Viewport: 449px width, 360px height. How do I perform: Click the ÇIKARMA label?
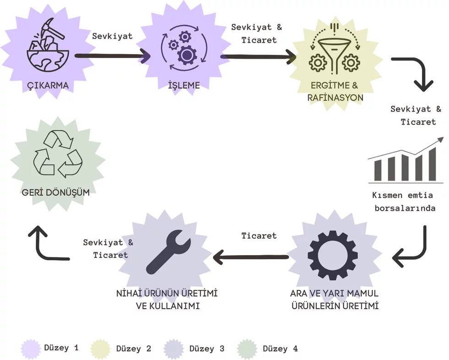[48, 85]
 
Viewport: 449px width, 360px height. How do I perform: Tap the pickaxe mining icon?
[48, 46]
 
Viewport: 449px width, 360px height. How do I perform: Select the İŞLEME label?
[184, 85]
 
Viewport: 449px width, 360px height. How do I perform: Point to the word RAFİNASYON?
[336, 98]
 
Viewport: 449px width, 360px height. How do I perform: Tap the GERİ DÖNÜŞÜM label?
[56, 193]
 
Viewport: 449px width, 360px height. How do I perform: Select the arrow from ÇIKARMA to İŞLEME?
[112, 56]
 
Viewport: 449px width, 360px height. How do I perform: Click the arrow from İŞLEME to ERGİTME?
[259, 57]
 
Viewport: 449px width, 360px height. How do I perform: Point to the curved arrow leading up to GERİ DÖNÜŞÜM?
[46, 245]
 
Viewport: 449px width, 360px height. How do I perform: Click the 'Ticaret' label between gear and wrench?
[259, 236]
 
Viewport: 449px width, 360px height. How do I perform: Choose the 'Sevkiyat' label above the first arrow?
[112, 36]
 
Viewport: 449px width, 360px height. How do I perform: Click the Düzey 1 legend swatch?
[31, 349]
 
